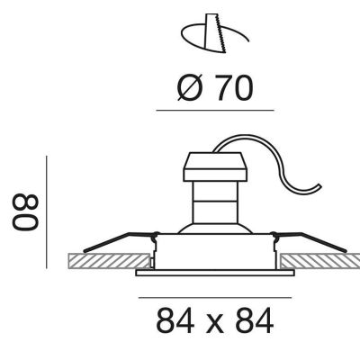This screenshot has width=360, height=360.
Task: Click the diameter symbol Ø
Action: [x=188, y=87]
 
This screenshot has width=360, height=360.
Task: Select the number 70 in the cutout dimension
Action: [x=235, y=87]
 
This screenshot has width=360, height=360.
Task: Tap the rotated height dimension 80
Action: [x=25, y=212]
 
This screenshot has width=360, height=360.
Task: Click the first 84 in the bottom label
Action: [x=175, y=320]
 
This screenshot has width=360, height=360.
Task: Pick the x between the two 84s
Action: [x=214, y=324]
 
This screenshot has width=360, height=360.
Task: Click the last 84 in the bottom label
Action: [x=255, y=320]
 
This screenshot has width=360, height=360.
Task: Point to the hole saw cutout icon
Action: [x=215, y=33]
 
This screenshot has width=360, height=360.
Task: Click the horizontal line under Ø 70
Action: [x=215, y=111]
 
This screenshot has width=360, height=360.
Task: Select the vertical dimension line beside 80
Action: [x=47, y=212]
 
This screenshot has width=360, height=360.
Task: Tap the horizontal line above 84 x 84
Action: [x=215, y=298]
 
